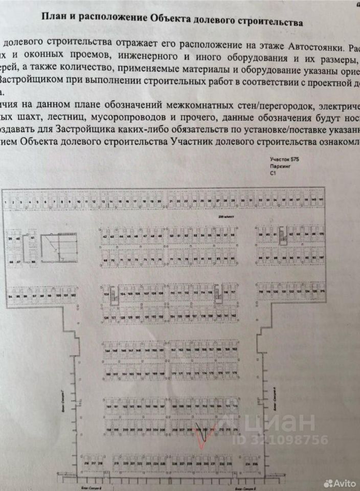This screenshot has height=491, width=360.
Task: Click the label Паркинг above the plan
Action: (279, 167)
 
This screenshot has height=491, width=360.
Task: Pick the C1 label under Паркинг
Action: (273, 174)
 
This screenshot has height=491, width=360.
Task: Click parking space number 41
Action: (32, 238)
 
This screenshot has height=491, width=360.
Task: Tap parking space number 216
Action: (85, 464)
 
